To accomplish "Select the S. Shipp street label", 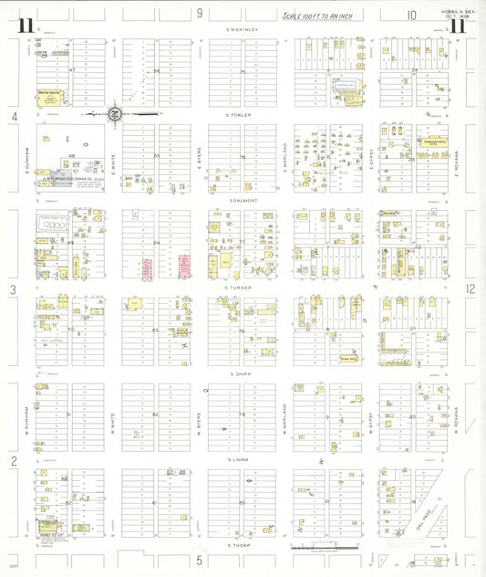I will (243, 374).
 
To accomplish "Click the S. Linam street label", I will (241, 460).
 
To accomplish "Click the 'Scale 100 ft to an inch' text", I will (318, 16).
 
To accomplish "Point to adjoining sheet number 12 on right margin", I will (470, 288).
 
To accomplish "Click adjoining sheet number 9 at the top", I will (200, 13).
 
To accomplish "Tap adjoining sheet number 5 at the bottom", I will (198, 559).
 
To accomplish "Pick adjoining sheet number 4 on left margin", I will (14, 117).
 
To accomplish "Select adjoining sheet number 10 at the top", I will (411, 14).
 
